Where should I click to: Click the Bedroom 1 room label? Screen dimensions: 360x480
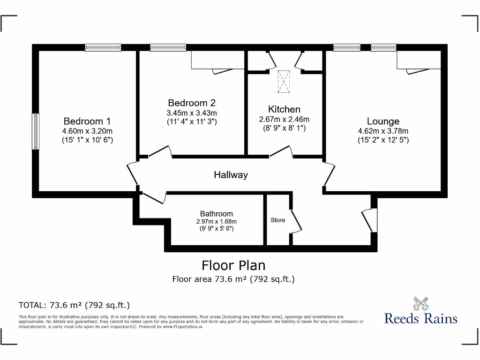[87, 121]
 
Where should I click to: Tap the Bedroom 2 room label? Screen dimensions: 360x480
[192, 103]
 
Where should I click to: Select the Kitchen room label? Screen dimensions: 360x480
[284, 109]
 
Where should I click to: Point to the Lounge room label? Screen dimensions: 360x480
[383, 121]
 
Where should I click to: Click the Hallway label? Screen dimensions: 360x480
[231, 175]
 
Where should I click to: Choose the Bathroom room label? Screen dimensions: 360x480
[216, 213]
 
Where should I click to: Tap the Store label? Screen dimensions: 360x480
[277, 220]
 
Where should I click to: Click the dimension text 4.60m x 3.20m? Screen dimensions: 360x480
[87, 131]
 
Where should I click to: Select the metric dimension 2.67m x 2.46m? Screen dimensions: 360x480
[284, 119]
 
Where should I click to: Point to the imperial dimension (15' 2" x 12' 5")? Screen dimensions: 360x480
[383, 140]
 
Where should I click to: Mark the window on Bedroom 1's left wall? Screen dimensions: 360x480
[35, 131]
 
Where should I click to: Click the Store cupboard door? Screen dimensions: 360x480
[296, 221]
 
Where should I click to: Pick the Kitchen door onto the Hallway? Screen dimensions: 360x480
[281, 151]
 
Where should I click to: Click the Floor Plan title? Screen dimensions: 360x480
[233, 265]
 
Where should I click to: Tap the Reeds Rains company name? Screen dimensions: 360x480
[420, 318]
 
